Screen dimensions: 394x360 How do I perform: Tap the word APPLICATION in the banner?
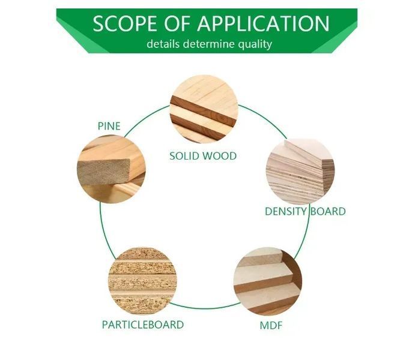pyautogui.click(x=263, y=23)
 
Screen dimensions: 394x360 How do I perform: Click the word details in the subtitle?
pyautogui.click(x=163, y=44)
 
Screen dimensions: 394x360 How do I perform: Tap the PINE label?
pyautogui.click(x=109, y=126)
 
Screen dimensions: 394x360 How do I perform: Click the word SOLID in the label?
pyautogui.click(x=185, y=156)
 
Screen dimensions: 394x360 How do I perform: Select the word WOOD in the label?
pyautogui.click(x=220, y=156)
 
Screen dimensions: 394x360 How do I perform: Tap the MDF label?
pyautogui.click(x=271, y=325)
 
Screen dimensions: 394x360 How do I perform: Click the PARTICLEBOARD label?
pyautogui.click(x=143, y=325)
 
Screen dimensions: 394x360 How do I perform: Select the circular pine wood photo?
pyautogui.click(x=111, y=169)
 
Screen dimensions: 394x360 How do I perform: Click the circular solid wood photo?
pyautogui.click(x=204, y=109)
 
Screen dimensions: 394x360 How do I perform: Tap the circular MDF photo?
pyautogui.click(x=268, y=281)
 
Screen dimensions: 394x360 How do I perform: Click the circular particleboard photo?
pyautogui.click(x=142, y=281)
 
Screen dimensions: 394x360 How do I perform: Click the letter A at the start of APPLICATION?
pyautogui.click(x=205, y=23)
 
